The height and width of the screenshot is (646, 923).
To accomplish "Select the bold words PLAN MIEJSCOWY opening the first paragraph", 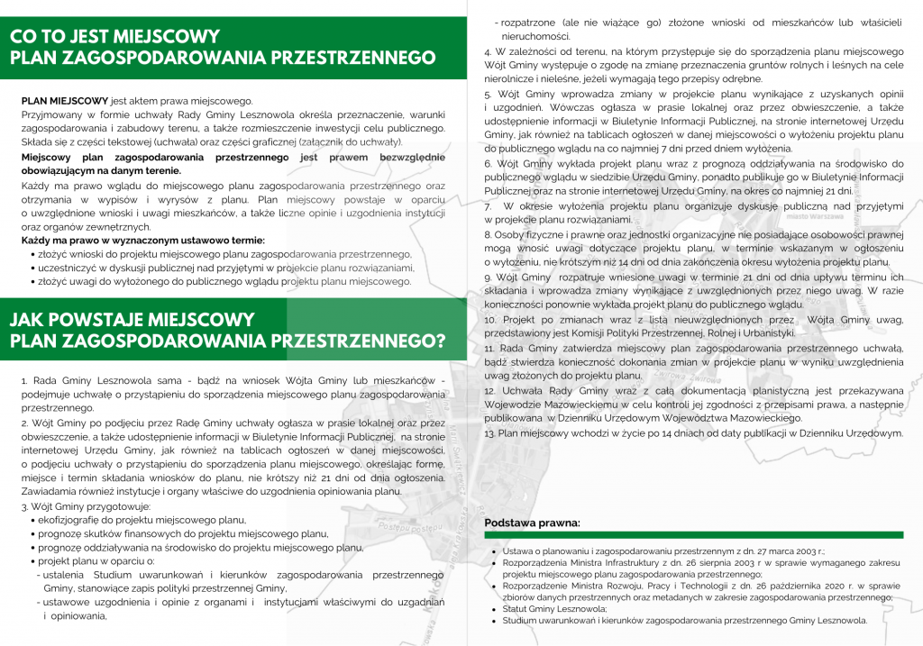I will pos(65,101).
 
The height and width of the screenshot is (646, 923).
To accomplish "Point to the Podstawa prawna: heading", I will pos(532,523).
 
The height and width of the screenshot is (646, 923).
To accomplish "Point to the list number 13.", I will pos(489,433).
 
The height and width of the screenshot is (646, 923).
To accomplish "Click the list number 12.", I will pos(489,391).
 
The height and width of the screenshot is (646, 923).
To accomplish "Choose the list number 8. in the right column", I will pos(488,234).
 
